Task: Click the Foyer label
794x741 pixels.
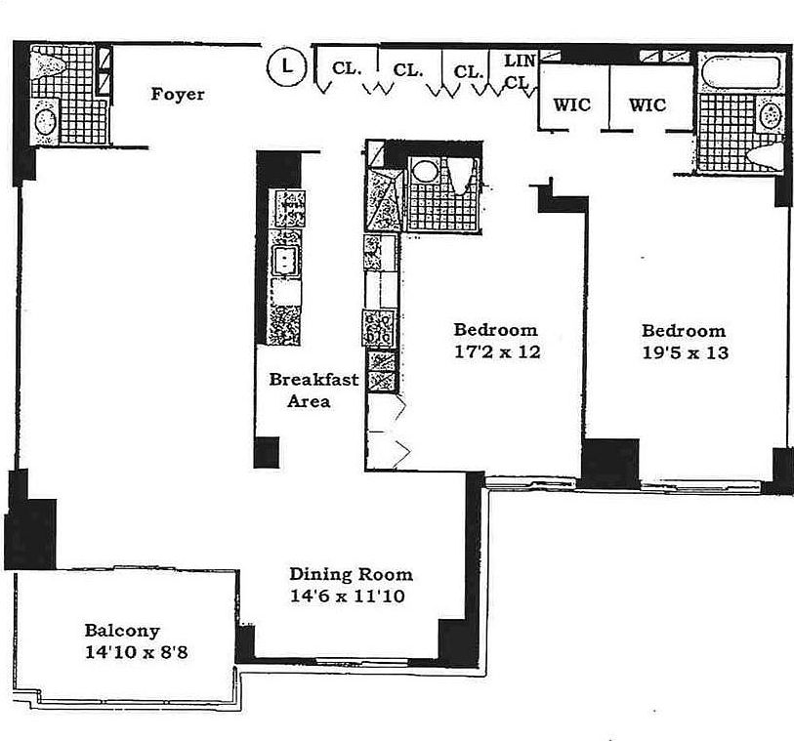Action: (x=177, y=95)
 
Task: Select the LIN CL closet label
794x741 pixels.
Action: (x=519, y=72)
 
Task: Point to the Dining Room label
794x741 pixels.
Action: (x=351, y=575)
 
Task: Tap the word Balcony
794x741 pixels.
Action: (x=121, y=631)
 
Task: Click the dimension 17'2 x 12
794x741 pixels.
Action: (x=496, y=351)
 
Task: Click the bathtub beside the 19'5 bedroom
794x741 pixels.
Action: (x=741, y=73)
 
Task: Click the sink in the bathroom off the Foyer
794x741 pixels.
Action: (x=45, y=122)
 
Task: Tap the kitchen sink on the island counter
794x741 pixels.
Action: (x=285, y=261)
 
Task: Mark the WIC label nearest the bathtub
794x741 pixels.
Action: (x=647, y=104)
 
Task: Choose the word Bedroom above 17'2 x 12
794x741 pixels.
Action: (x=496, y=329)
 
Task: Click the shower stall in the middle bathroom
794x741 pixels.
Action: (x=384, y=198)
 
